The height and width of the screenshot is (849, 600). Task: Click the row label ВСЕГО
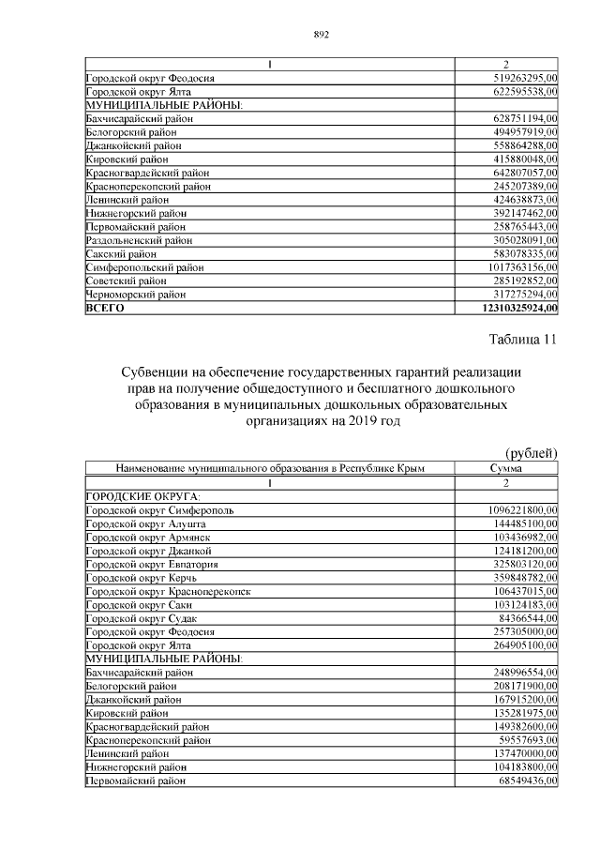click(105, 308)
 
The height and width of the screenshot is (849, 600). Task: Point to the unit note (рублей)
click(532, 452)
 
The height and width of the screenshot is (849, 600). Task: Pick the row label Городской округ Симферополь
click(159, 509)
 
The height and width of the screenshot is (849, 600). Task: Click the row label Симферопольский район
click(144, 267)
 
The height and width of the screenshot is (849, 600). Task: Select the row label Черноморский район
click(136, 295)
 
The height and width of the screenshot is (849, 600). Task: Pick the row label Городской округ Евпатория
click(152, 565)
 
